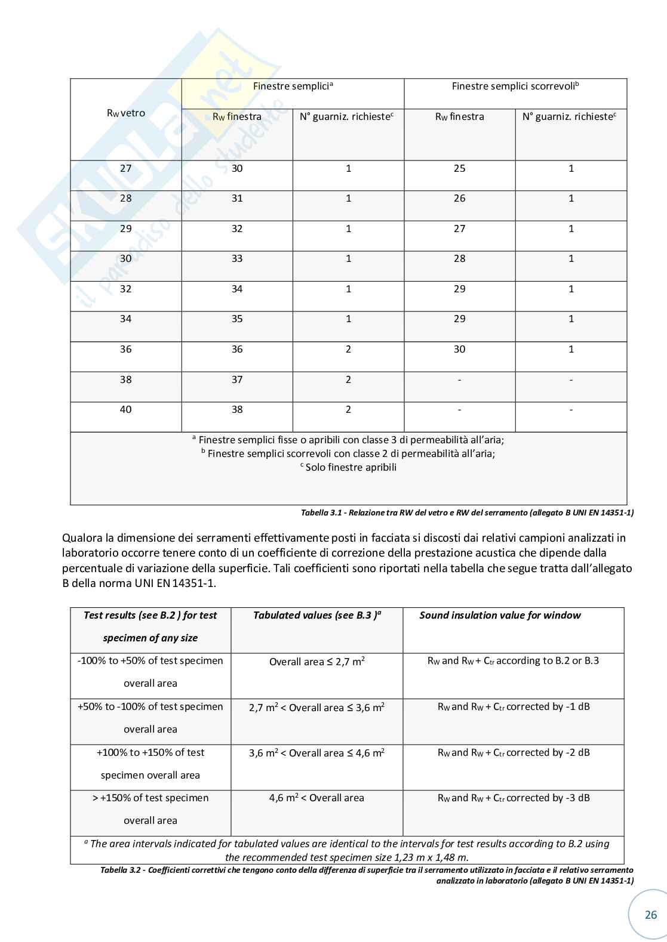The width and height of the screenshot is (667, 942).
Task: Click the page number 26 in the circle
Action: point(650,915)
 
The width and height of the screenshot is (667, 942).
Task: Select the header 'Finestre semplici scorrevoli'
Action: point(515,87)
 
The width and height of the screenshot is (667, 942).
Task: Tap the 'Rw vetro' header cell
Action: point(126,113)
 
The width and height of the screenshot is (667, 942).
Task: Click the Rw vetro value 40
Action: point(126,410)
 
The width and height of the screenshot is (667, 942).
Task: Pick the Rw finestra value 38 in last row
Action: point(237,410)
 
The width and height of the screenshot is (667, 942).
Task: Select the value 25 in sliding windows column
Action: point(459,169)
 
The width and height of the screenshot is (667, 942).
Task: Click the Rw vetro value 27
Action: point(126,169)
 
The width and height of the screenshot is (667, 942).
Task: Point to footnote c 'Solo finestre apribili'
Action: point(349,468)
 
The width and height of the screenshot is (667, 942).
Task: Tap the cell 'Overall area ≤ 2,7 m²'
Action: point(317,662)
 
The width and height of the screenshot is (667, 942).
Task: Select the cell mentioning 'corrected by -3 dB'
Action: point(514,798)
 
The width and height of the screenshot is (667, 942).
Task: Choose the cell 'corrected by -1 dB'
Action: point(514,707)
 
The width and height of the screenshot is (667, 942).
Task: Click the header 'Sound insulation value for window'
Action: point(500,616)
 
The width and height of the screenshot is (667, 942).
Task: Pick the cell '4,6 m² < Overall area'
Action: point(316,798)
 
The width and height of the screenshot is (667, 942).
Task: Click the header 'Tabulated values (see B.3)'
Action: point(317,616)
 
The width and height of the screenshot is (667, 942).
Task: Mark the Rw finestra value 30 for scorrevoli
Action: point(459,350)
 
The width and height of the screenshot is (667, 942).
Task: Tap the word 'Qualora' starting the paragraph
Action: point(82,538)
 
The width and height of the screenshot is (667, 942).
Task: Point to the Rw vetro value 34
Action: point(126,319)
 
